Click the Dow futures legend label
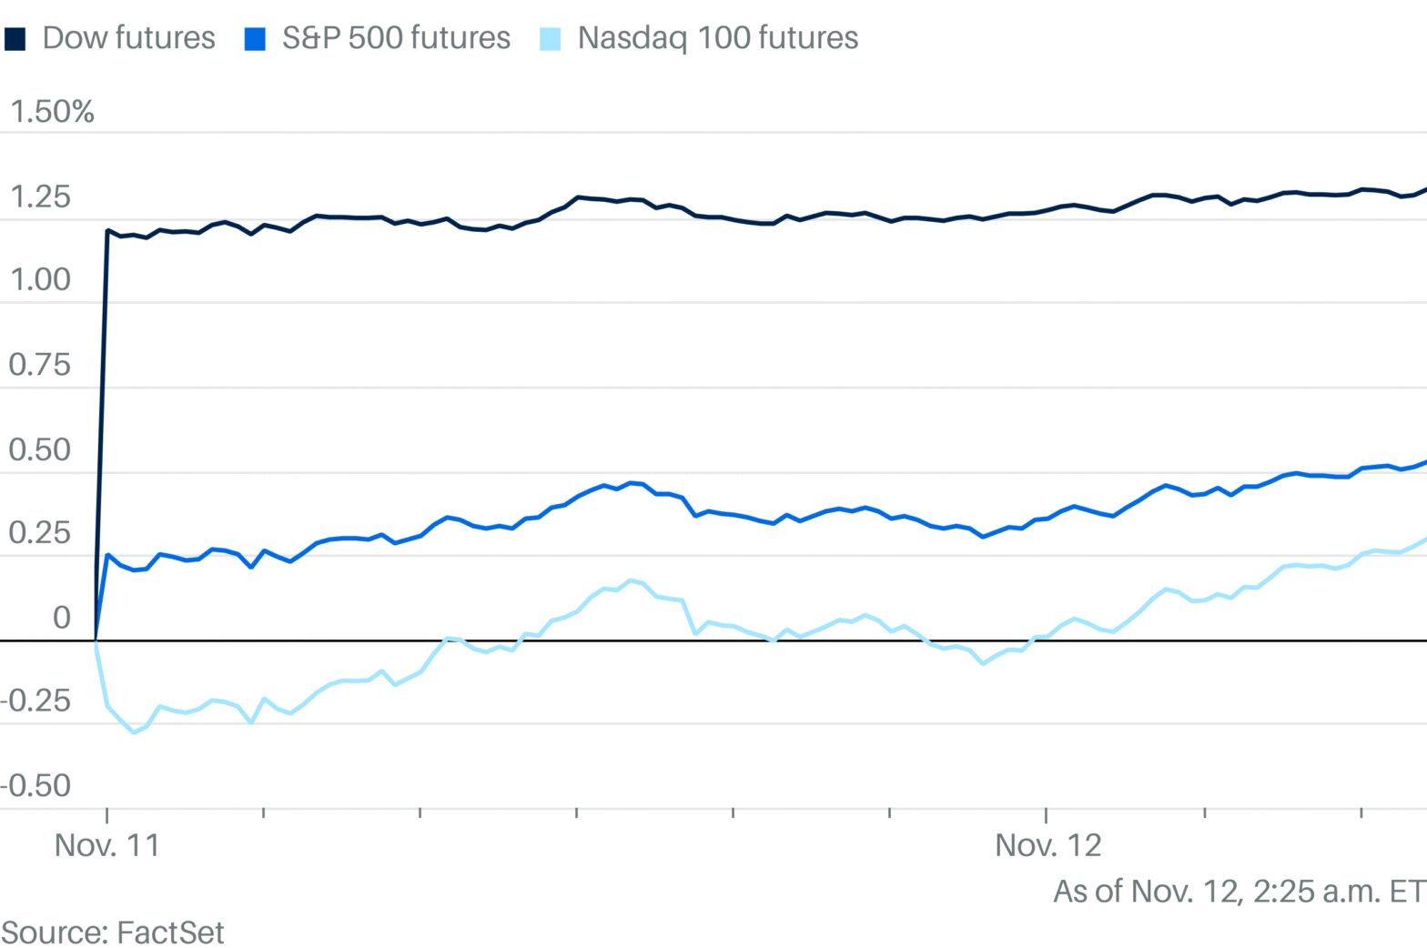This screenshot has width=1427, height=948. click(x=128, y=38)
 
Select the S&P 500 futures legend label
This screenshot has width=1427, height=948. click(x=396, y=38)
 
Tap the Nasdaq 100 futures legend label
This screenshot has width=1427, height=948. click(x=717, y=38)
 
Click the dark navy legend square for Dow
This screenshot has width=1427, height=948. click(x=15, y=39)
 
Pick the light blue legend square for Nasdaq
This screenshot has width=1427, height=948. click(x=550, y=39)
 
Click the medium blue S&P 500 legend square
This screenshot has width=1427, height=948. click(x=255, y=39)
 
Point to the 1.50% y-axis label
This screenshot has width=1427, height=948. click(x=52, y=112)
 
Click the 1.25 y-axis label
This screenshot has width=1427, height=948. click(x=40, y=197)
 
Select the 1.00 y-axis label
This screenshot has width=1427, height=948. click(x=40, y=279)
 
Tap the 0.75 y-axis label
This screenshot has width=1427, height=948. click(x=40, y=365)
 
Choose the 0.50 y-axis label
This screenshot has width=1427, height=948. click(x=40, y=449)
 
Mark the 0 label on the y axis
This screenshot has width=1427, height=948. click(x=61, y=618)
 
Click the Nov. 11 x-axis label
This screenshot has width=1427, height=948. click(x=107, y=845)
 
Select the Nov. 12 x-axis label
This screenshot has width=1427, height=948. click(x=1047, y=845)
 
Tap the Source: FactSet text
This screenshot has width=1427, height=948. click(x=113, y=933)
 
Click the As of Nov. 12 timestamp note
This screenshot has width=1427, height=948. click(x=1239, y=891)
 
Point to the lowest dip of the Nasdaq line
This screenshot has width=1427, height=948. click(x=134, y=731)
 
